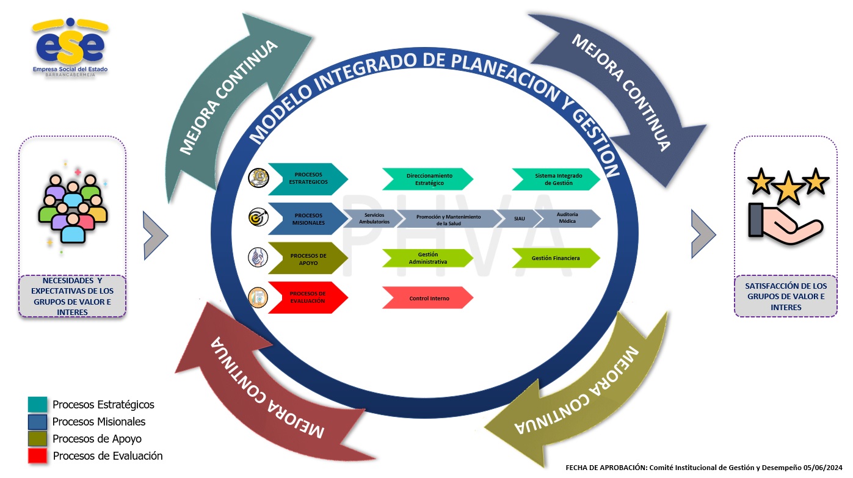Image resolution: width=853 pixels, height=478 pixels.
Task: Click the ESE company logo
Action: (x=70, y=48)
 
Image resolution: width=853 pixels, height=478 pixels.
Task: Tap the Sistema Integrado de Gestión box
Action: (x=556, y=179)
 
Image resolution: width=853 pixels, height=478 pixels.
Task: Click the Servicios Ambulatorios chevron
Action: (x=372, y=218)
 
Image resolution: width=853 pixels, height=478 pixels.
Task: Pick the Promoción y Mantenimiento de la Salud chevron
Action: (x=448, y=219)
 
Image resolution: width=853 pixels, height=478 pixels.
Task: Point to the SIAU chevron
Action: (x=518, y=218)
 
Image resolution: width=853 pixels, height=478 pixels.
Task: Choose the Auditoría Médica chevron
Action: (x=568, y=218)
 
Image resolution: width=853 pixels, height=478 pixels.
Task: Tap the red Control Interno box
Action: (x=428, y=298)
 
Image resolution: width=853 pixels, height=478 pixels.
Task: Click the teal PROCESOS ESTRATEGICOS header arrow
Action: (x=308, y=179)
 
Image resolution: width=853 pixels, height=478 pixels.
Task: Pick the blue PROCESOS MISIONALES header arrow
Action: (x=308, y=219)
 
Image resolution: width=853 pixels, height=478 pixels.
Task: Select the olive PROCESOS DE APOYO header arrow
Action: (x=308, y=258)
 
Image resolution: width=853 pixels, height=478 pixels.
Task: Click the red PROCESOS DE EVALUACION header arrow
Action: (x=308, y=297)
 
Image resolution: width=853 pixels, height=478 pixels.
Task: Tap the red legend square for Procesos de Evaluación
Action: (x=37, y=455)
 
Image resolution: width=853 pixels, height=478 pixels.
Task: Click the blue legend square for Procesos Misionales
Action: (x=37, y=422)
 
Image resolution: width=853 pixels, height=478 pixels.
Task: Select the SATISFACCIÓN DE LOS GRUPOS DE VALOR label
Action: (x=785, y=296)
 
